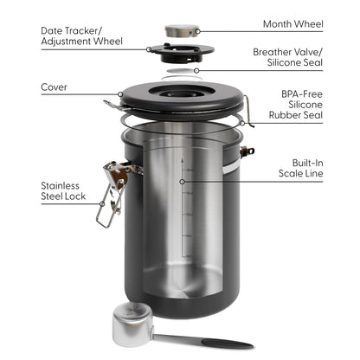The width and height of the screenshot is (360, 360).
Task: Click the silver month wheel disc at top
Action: (181, 30)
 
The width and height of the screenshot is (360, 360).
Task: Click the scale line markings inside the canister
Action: (184, 208)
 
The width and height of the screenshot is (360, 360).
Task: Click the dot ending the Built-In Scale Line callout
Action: (182, 182)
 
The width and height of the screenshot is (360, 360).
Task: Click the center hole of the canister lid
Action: (182, 89)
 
